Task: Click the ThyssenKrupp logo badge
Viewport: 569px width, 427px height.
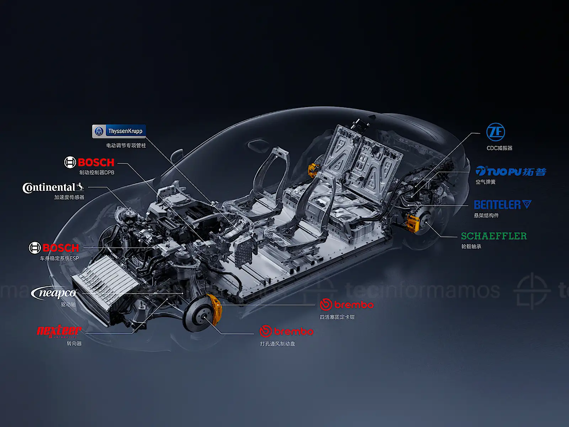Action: pyautogui.click(x=119, y=131)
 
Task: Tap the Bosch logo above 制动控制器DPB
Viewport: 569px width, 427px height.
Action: pyautogui.click(x=89, y=162)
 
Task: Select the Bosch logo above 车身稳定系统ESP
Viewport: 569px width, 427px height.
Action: pyautogui.click(x=54, y=248)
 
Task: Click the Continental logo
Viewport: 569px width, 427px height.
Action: pyautogui.click(x=53, y=188)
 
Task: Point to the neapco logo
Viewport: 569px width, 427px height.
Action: pyautogui.click(x=54, y=293)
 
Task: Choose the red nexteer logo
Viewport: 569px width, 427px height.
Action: pyautogui.click(x=59, y=331)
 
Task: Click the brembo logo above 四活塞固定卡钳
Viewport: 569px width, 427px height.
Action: pyautogui.click(x=347, y=305)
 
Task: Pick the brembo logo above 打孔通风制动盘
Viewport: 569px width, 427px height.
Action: pyautogui.click(x=286, y=331)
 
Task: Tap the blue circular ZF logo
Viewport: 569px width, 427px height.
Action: pyautogui.click(x=495, y=132)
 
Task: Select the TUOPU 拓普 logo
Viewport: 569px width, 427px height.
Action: pyautogui.click(x=511, y=172)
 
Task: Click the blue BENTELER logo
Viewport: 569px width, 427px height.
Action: pyautogui.click(x=502, y=205)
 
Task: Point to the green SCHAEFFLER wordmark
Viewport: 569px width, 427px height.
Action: pyautogui.click(x=494, y=236)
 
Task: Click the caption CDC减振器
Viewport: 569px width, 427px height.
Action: pyautogui.click(x=499, y=148)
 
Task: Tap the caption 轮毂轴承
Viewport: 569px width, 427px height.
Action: pyautogui.click(x=471, y=246)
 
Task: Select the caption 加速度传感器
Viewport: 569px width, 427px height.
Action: pyautogui.click(x=69, y=197)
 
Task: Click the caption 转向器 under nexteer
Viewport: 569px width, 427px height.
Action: pyautogui.click(x=74, y=343)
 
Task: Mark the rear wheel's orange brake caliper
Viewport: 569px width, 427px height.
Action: pyautogui.click(x=413, y=223)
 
